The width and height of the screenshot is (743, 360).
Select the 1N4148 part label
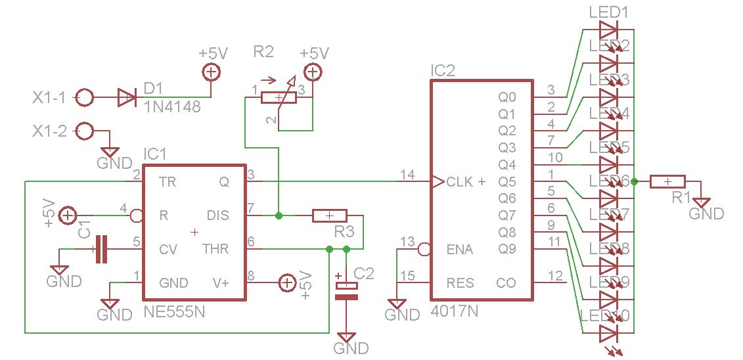[x=171, y=106]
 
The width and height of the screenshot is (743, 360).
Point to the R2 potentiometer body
[x=279, y=98]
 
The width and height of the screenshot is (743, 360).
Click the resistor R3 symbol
[x=329, y=215]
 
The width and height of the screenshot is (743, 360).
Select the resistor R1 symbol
[x=667, y=182]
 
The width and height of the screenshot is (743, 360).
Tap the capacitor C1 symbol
[x=101, y=249]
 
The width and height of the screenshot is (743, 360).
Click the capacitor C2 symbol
[x=347, y=290]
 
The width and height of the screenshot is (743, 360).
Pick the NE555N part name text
[x=174, y=313]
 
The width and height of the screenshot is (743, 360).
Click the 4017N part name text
[x=455, y=310]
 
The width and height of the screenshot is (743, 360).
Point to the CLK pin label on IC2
[x=459, y=182]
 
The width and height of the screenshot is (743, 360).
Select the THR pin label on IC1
[x=216, y=250]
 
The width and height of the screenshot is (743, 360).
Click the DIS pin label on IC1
[x=218, y=215]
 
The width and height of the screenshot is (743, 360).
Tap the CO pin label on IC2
[x=506, y=283]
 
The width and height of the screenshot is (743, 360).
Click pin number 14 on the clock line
[x=407, y=175]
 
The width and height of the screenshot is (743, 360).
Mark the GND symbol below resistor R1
[x=702, y=203]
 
